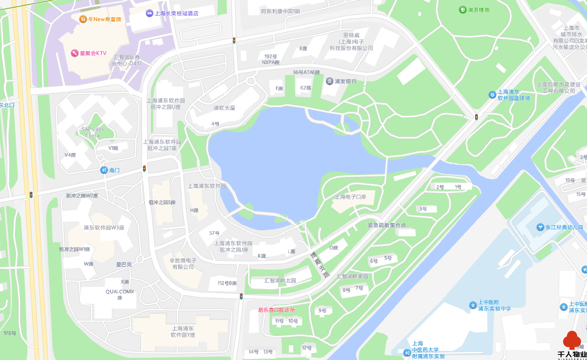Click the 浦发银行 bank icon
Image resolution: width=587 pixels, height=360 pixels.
tap(329, 81)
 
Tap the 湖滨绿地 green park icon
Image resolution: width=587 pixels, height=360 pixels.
tap(463, 10)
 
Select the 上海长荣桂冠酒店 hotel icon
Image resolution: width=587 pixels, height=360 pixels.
tap(149, 14)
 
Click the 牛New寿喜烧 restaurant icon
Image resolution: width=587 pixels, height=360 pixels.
tap(83, 19)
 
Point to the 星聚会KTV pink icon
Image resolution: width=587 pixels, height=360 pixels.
tap(74, 53)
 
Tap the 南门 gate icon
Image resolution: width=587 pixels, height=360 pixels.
tap(104, 170)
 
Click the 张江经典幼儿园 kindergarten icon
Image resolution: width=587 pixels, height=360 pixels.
tap(540, 227)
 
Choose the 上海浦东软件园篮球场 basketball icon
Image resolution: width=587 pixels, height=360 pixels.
tap(492, 95)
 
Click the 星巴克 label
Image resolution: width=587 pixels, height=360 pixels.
tap(124, 264)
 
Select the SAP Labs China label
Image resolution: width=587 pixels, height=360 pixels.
tap(92, 132)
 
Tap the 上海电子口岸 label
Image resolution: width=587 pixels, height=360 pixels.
tap(351, 197)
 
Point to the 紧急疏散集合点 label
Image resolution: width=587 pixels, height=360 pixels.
tap(387, 225)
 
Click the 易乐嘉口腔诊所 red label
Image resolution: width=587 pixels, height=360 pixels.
tap(276, 310)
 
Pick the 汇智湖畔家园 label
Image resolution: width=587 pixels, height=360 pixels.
tap(352, 276)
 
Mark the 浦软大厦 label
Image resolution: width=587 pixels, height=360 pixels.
tap(224, 108)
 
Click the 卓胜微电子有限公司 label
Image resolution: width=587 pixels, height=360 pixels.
tap(183, 264)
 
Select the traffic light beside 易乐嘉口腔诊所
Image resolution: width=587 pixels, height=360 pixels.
tap(241, 297)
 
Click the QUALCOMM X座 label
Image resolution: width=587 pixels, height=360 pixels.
tap(120, 294)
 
